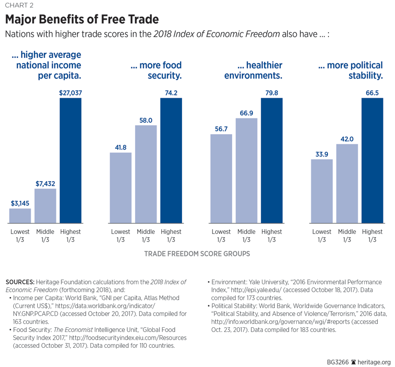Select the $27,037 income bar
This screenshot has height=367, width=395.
click(70, 161)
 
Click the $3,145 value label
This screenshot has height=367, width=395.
click(20, 203)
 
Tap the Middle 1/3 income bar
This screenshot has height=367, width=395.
click(45, 206)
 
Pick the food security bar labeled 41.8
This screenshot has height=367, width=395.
click(121, 187)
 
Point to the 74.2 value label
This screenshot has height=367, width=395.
click(171, 92)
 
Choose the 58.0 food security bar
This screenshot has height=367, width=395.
click(146, 174)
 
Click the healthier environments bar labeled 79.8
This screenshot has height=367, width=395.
click(271, 161)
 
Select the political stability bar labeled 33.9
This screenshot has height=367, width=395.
click(322, 191)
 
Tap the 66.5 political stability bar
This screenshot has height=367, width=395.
click(372, 161)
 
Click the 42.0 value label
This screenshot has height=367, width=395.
click(347, 138)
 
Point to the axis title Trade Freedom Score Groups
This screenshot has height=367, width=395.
click(197, 254)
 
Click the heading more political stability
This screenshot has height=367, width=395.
click(350, 70)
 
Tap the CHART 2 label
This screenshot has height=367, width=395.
click(20, 6)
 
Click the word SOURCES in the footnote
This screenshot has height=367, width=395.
click(20, 282)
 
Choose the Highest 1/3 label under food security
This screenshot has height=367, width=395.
click(171, 236)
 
